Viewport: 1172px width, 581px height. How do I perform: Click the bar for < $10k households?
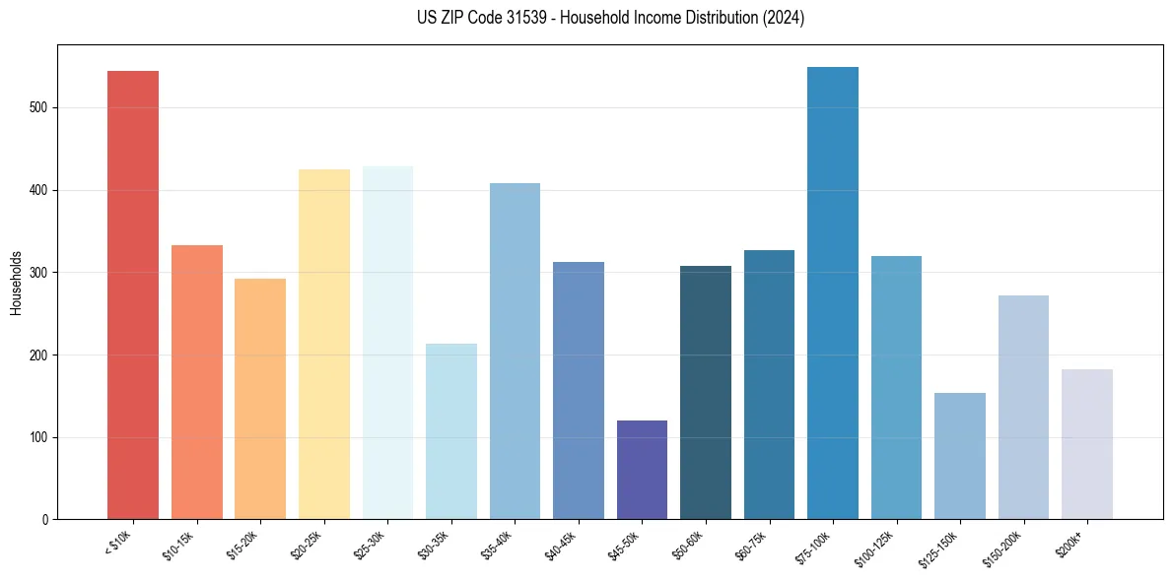(x=132, y=295)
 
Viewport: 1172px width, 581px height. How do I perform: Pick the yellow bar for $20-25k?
(x=323, y=345)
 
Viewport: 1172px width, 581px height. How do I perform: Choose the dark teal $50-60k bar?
(x=705, y=393)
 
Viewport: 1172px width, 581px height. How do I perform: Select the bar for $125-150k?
(x=959, y=456)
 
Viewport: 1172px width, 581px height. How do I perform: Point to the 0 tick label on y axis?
(x=46, y=520)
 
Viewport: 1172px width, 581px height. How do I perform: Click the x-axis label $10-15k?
(x=179, y=546)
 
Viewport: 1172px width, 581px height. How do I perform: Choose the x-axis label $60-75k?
(x=752, y=546)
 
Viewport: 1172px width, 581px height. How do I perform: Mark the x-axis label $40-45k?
(x=561, y=546)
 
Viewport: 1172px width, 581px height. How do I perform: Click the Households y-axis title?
(x=16, y=282)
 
